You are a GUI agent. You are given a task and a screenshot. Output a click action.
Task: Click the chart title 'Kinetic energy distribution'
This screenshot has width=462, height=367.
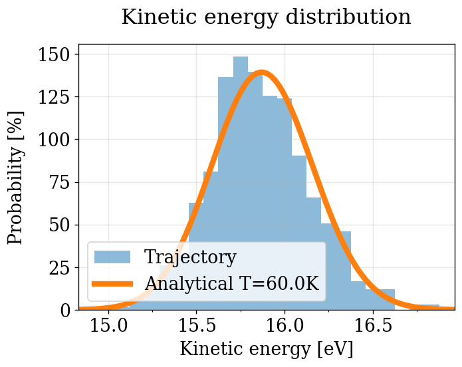pyautogui.click(x=266, y=17)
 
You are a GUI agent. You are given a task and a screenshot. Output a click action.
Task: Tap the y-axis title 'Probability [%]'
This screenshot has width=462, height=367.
pyautogui.click(x=16, y=177)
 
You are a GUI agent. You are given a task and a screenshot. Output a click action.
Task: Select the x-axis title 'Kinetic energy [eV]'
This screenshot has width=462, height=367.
pyautogui.click(x=266, y=349)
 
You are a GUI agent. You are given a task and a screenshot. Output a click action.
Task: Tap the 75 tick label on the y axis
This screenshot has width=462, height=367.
pyautogui.click(x=63, y=182)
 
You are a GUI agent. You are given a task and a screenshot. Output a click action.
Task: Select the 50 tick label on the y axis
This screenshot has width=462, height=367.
pyautogui.click(x=63, y=225)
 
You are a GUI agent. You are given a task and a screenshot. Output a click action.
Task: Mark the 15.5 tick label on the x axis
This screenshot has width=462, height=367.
pyautogui.click(x=197, y=326)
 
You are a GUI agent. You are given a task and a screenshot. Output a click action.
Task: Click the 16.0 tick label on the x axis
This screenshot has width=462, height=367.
pyautogui.click(x=285, y=326)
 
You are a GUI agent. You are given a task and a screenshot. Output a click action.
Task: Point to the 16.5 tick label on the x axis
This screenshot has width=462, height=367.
pyautogui.click(x=372, y=326)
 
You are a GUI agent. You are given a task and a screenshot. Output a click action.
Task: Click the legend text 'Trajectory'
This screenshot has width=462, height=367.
pyautogui.click(x=190, y=257)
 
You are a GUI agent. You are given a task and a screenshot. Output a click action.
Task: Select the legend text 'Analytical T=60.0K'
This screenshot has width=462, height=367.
pyautogui.click(x=232, y=283)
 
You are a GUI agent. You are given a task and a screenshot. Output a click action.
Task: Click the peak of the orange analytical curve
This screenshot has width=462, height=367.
pyautogui.click(x=261, y=72)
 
